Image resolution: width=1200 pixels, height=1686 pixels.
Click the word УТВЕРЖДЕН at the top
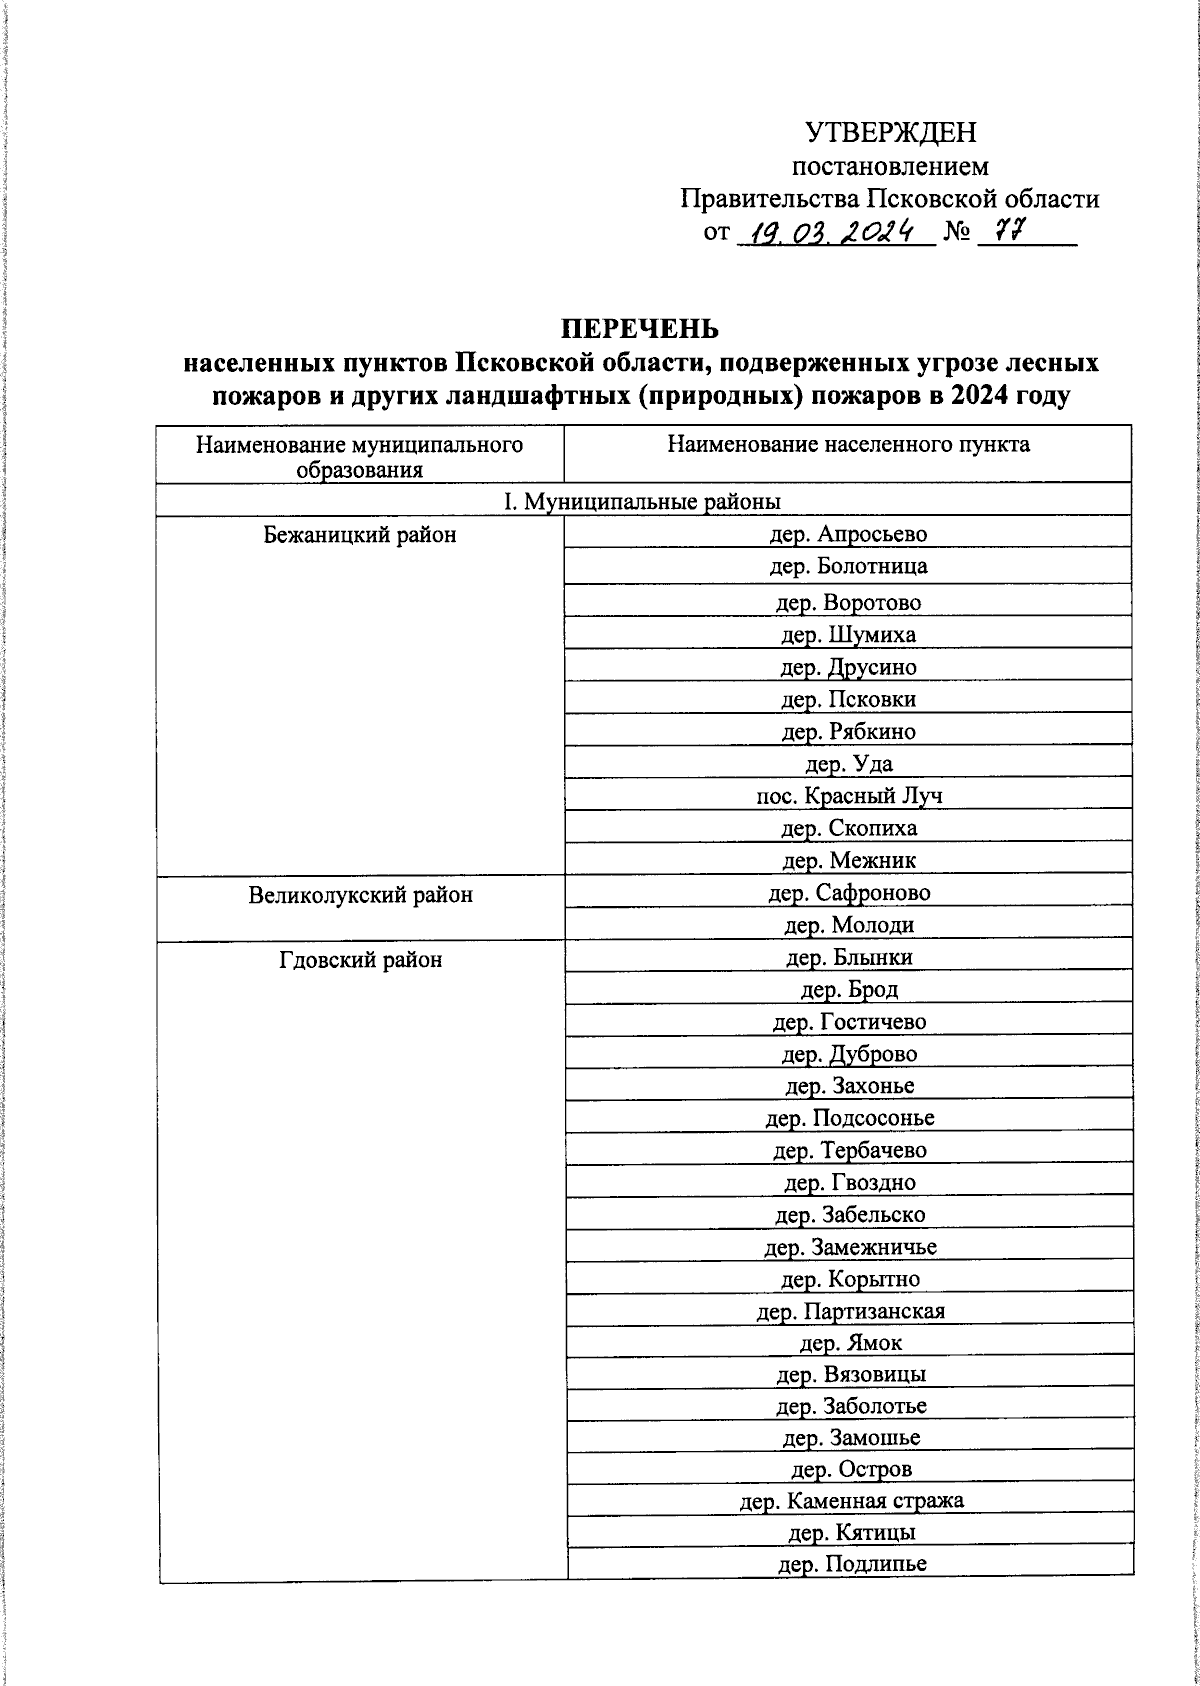(x=890, y=132)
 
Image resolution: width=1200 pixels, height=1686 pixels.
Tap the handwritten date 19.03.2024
(x=834, y=233)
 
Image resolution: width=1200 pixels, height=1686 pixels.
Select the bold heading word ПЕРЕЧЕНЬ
(x=639, y=329)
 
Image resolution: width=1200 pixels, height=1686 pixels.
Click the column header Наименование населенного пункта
(x=848, y=444)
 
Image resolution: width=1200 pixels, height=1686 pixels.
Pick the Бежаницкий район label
(x=360, y=535)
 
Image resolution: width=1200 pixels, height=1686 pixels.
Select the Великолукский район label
(x=360, y=895)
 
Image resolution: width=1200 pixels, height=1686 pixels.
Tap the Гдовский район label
(x=360, y=960)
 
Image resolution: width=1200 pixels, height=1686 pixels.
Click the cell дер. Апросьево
(x=848, y=534)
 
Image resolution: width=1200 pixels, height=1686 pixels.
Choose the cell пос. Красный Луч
(x=848, y=796)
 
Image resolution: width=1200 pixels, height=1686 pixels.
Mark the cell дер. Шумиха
(x=848, y=635)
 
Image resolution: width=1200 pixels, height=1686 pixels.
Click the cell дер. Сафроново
(x=848, y=893)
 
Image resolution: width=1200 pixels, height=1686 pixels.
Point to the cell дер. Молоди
(x=848, y=926)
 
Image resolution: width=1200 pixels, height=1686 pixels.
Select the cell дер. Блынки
(x=848, y=958)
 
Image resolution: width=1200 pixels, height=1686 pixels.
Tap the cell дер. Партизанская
(x=850, y=1312)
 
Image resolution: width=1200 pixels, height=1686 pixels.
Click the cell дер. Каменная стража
(x=850, y=1501)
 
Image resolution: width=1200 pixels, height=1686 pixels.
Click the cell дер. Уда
(x=848, y=765)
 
